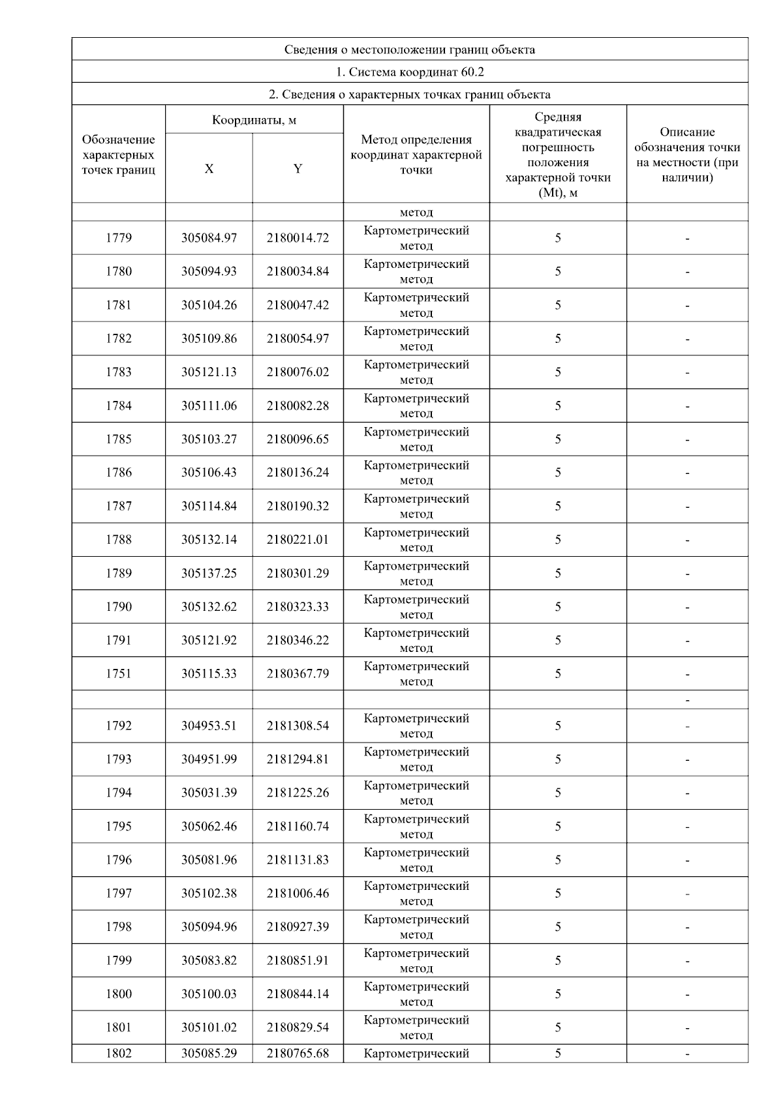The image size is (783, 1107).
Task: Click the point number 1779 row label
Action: click(119, 238)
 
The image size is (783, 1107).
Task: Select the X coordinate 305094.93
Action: click(209, 271)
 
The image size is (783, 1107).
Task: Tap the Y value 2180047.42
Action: click(298, 305)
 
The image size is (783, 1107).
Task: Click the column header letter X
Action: click(209, 169)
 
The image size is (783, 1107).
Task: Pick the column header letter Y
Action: click(298, 169)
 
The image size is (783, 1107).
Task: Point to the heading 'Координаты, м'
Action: click(254, 120)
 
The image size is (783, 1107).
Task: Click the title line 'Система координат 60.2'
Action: click(410, 72)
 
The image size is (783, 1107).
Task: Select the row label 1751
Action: click(119, 673)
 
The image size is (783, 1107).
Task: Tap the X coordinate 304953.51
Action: click(209, 726)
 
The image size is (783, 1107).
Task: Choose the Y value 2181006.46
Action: click(298, 893)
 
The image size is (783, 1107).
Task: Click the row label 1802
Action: click(119, 1053)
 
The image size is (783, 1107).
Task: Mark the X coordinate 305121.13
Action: click(209, 372)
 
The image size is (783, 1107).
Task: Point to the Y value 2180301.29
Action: click(298, 573)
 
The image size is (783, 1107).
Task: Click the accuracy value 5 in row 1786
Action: click(558, 473)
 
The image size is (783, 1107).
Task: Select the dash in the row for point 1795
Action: click(687, 827)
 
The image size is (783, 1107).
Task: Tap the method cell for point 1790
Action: click(416, 607)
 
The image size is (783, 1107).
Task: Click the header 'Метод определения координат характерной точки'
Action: click(416, 155)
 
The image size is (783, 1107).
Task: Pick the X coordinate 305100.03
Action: click(209, 994)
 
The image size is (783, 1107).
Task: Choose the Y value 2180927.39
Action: click(298, 926)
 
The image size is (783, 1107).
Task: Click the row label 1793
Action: click(119, 759)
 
